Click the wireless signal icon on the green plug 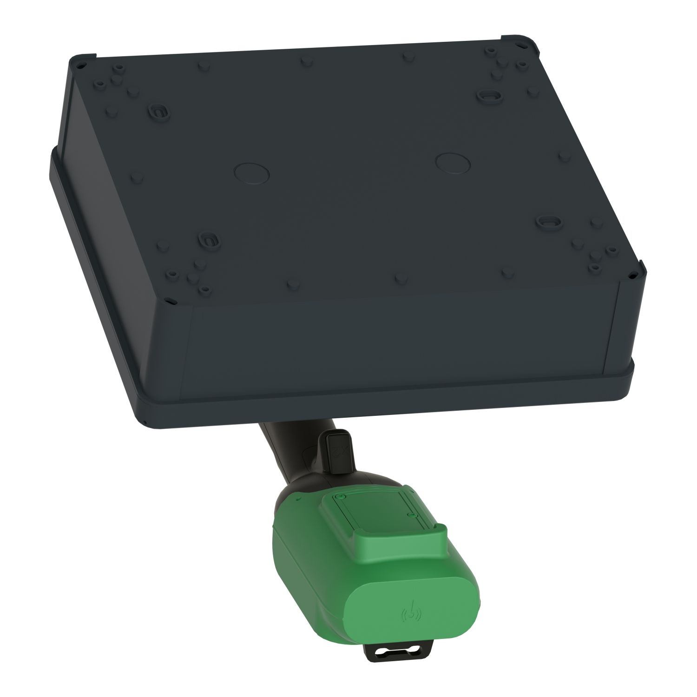point(412,615)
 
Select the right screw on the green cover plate point(410,515)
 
